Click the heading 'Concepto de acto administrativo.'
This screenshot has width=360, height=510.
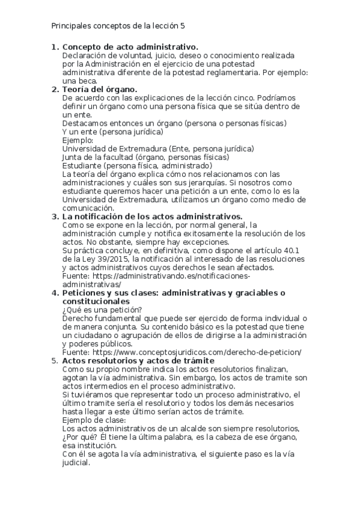coord(130,47)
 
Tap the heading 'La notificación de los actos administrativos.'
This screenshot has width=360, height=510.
coord(153,216)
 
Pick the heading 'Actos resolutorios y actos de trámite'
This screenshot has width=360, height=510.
coord(139,360)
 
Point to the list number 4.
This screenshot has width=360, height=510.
coord(55,293)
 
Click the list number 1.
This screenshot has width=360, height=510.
coord(55,47)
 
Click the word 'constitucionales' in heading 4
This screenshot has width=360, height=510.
coord(96,301)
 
